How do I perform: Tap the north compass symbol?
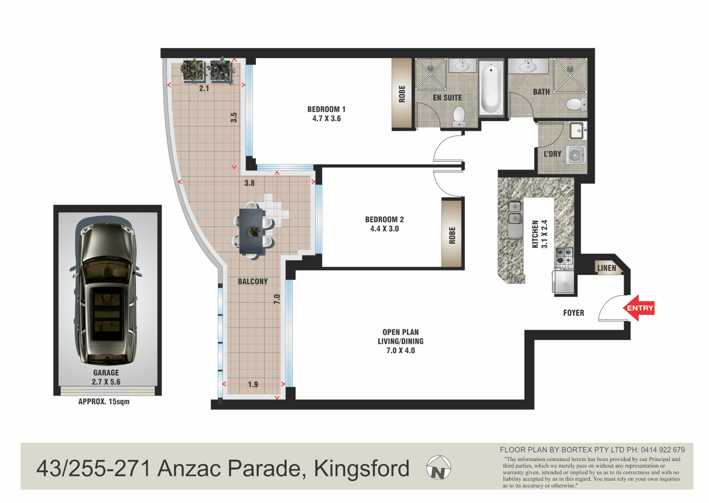438,468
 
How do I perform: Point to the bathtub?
491,88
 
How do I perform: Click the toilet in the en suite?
459,116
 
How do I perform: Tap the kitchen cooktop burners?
564,257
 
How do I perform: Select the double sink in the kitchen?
514,212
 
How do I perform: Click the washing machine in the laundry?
576,155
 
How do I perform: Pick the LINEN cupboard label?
606,268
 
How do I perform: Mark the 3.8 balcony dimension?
249,183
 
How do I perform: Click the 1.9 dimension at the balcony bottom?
253,384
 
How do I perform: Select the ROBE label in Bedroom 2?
452,235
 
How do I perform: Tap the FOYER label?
573,313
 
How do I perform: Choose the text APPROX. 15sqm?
104,401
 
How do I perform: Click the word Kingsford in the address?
361,469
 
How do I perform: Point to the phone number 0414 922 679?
662,450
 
